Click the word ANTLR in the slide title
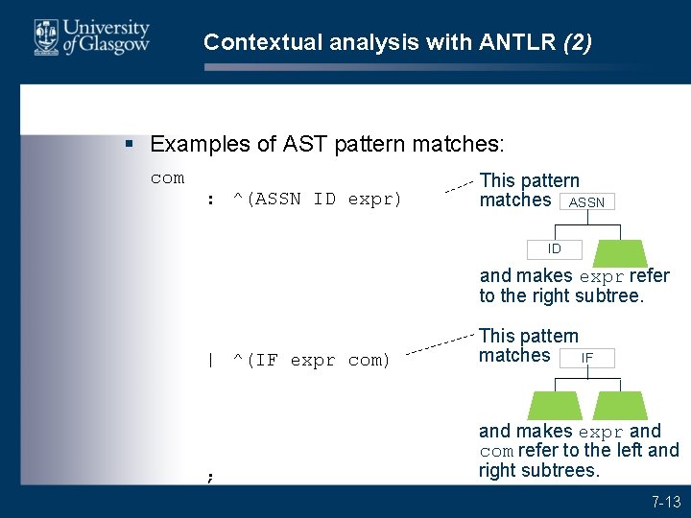(523, 42)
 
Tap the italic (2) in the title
(578, 42)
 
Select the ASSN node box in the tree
(586, 202)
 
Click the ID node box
(555, 249)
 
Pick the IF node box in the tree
(587, 358)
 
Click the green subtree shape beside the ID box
(620, 252)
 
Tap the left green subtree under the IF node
(554, 405)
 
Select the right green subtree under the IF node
(620, 405)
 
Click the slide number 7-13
(665, 501)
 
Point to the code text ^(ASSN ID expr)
(317, 200)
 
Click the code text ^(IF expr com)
(311, 361)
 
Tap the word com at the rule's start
(167, 177)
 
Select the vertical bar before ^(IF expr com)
(209, 361)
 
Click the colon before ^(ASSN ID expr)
(209, 200)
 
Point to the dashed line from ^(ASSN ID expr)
(460, 185)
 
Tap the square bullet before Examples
(131, 145)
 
